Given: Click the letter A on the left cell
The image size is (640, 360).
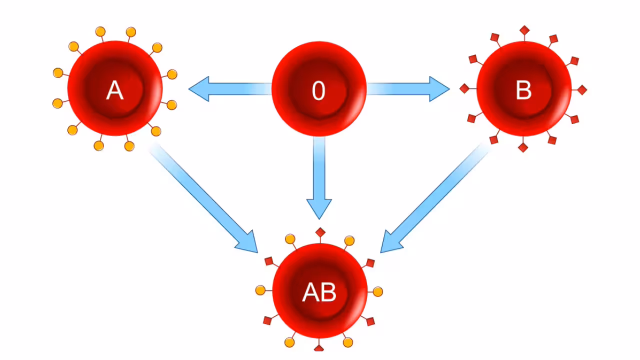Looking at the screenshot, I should [114, 91].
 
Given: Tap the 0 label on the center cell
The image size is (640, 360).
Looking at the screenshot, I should [318, 91].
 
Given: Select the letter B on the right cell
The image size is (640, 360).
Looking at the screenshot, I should [523, 91].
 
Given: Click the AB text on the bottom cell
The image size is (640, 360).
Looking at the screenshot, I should [319, 293].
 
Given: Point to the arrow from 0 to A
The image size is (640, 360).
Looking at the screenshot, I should [230, 89].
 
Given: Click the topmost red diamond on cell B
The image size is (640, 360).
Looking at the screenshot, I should [524, 30].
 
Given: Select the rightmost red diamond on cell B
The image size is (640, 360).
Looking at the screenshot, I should [582, 89].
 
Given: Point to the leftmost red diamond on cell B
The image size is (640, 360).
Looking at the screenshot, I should [464, 88].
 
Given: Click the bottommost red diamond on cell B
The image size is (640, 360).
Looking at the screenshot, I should [523, 147].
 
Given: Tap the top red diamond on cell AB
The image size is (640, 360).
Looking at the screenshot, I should [320, 232].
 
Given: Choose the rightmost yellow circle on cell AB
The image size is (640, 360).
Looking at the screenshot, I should [378, 291].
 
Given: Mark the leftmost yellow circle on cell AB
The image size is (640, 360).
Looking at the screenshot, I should [260, 290].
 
